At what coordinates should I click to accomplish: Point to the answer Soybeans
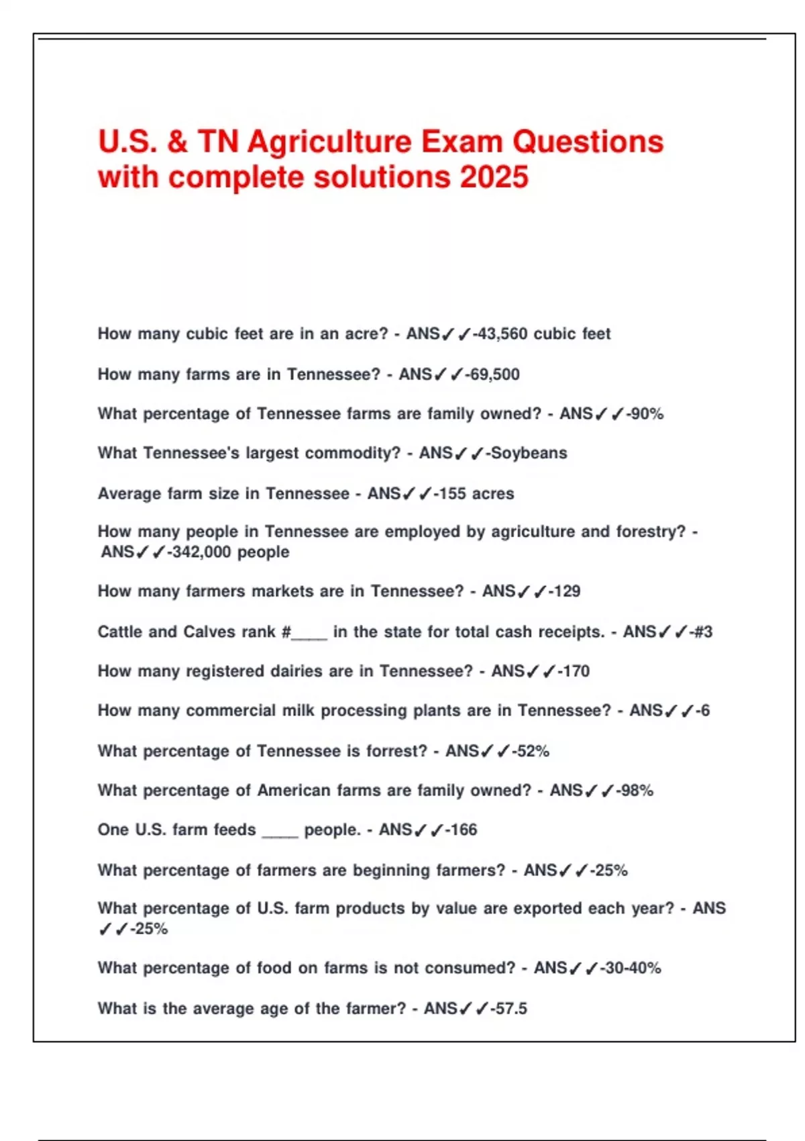529,453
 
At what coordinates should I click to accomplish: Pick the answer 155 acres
476,493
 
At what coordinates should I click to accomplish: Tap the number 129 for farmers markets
567,591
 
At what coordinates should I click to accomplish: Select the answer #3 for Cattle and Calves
703,632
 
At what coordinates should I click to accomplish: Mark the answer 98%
637,791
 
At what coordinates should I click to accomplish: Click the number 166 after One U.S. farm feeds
463,830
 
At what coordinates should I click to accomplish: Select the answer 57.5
511,1008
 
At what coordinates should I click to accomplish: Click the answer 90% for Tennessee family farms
647,413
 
